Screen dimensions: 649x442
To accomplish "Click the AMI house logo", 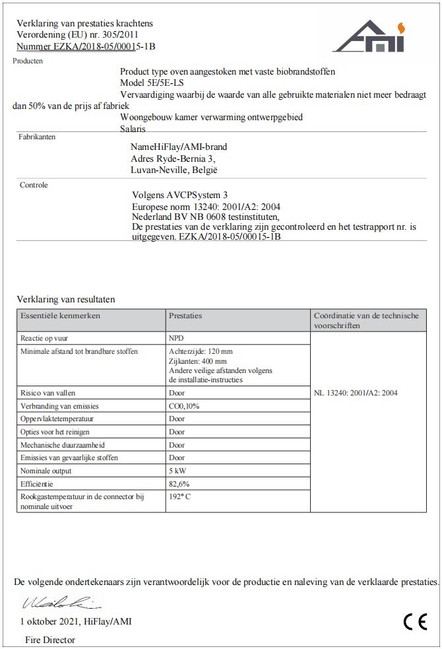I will point(369,37).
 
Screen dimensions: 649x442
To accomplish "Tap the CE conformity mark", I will point(415,622).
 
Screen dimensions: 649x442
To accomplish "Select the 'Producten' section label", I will point(28,61).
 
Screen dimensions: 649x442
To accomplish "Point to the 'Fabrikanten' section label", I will point(37,137).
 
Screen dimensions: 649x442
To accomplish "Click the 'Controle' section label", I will point(34,185).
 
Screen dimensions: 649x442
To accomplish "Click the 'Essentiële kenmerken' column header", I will point(60,316).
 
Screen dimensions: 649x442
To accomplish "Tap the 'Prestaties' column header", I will point(185,316).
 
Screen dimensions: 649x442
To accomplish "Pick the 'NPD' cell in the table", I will point(176,337).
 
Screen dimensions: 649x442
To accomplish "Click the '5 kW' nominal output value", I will point(177,471).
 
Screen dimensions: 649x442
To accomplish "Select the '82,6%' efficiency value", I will point(179,484).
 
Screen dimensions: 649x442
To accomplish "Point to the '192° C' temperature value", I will point(180,496).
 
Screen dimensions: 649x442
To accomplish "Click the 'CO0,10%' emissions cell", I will point(185,405).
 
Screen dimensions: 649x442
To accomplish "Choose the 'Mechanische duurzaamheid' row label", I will point(63,445).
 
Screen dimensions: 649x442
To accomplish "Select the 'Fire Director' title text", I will point(50,640).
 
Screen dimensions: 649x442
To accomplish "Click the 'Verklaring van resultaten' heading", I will point(65,299).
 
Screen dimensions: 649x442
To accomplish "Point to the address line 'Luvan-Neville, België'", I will point(174,170).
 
